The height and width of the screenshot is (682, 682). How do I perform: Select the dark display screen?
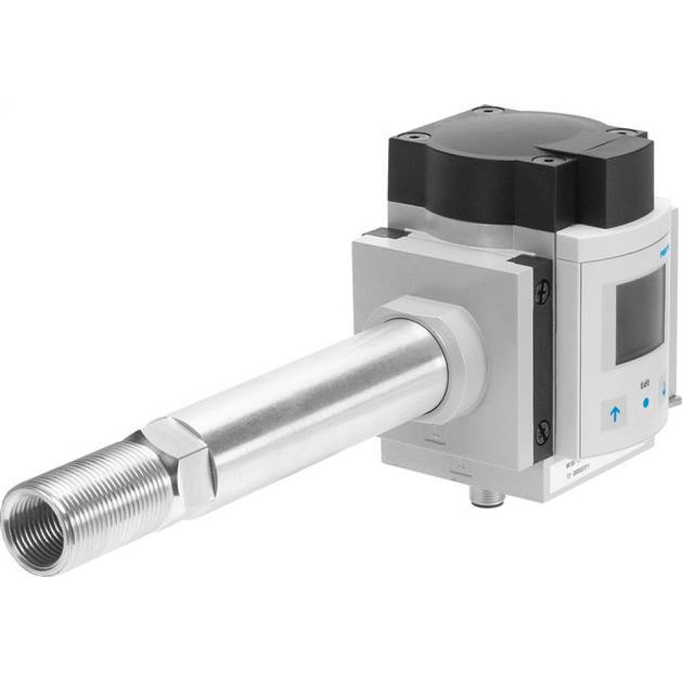coord(640,315)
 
